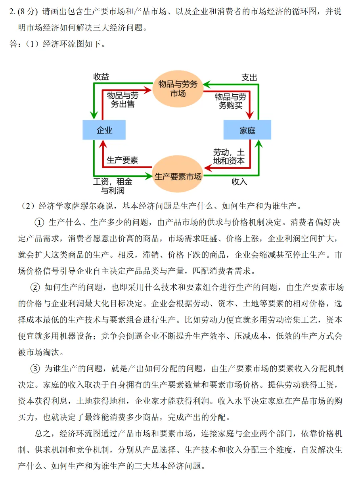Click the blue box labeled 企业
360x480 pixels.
coord(104,130)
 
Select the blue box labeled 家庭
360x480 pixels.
coord(247,130)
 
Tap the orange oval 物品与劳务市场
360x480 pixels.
coord(178,89)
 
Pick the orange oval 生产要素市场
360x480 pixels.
coord(178,174)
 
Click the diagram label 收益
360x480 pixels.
coord(101,77)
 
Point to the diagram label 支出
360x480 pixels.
coord(249,78)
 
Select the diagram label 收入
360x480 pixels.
coord(239,182)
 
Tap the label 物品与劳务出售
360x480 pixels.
coord(123,100)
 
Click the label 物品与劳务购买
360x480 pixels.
coord(230,101)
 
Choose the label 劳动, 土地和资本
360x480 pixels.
coord(229,157)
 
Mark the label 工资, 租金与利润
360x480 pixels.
coord(113,186)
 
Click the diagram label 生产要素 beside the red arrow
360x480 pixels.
coord(122,160)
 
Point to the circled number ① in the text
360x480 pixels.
coord(39,223)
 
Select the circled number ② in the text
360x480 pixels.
coord(35,287)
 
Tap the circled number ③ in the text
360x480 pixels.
coord(35,369)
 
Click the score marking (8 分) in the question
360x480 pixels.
coord(28,11)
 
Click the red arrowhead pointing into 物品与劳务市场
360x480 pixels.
coord(147,90)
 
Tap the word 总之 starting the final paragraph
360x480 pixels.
coord(43,433)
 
